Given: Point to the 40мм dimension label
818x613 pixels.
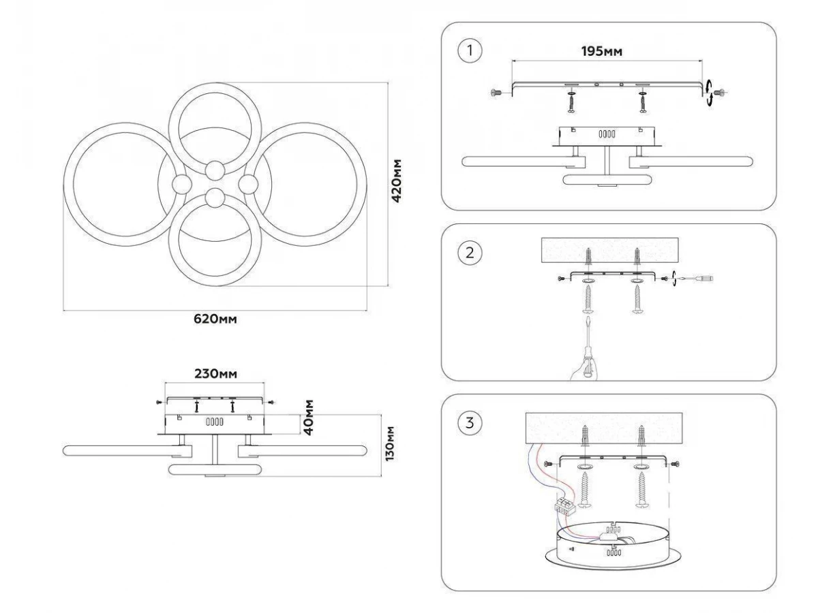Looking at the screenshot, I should [x=308, y=418].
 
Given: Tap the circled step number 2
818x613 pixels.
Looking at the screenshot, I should [x=469, y=253].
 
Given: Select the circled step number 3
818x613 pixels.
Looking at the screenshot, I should [x=469, y=422].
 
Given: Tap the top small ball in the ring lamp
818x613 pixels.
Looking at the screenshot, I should [x=215, y=170].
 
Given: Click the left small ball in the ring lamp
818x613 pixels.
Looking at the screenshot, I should [x=183, y=184].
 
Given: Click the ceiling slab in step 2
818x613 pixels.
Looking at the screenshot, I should [x=610, y=251].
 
